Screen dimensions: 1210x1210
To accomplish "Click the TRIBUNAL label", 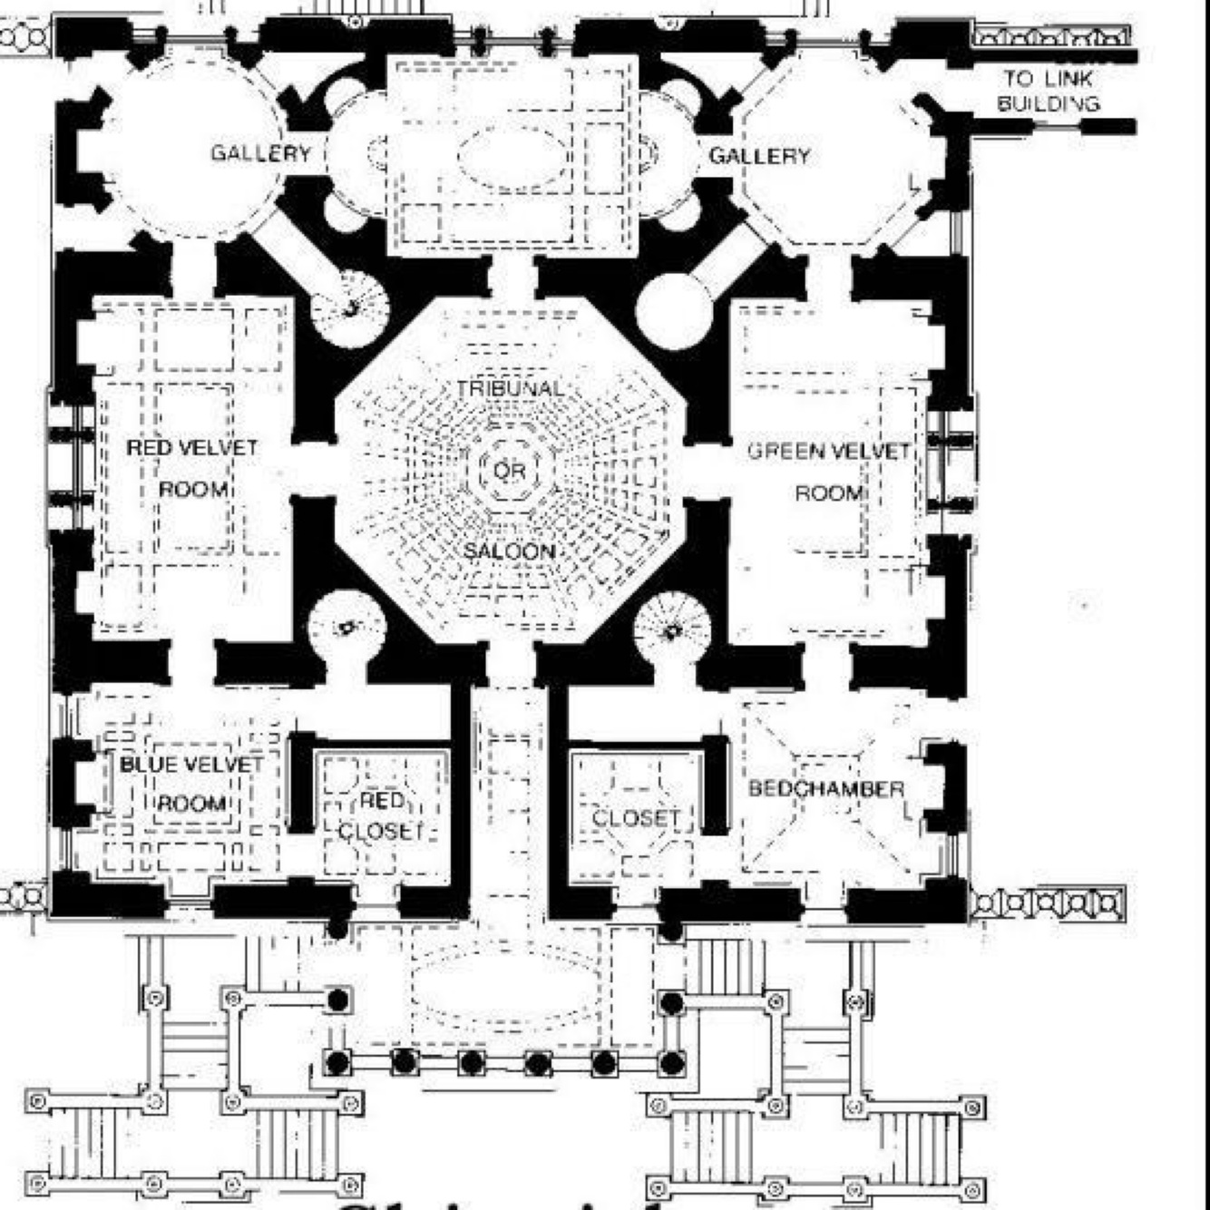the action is [510, 388].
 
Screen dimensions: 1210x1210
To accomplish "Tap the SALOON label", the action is [510, 551].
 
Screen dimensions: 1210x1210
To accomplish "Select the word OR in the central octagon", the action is [510, 470].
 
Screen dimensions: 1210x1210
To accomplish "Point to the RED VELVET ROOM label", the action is [192, 468].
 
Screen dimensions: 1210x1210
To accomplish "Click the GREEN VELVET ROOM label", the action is [829, 472].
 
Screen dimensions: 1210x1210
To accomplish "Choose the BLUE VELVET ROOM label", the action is [191, 784].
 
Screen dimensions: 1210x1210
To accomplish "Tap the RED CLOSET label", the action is [382, 815].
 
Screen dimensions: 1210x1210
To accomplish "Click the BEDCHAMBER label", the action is [826, 788].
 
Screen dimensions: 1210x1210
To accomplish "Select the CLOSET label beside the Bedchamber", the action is [636, 818].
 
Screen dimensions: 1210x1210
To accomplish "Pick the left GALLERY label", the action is [261, 152].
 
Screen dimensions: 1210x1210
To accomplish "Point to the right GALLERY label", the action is [759, 156].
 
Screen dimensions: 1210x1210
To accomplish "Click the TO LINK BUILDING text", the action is [1049, 91].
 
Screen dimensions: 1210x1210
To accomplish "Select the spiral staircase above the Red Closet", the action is [346, 627].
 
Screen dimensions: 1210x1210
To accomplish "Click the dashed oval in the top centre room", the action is [512, 156].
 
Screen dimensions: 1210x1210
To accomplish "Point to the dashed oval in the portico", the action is [504, 989].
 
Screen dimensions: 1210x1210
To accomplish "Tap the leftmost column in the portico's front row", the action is [337, 1062].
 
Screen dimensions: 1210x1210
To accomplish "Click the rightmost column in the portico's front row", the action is [671, 1062].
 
